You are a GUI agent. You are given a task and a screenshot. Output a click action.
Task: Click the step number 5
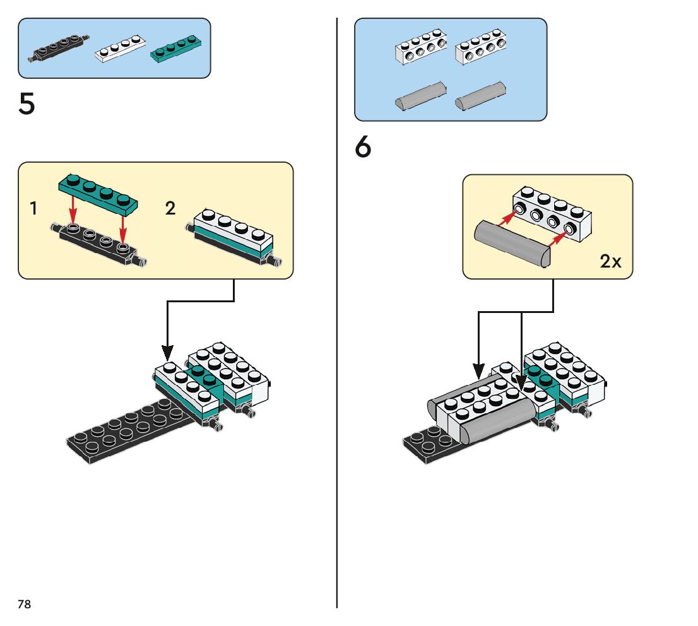click(x=27, y=105)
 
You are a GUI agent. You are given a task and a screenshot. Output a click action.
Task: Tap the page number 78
click(x=24, y=605)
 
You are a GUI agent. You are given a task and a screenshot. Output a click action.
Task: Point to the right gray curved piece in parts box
click(x=482, y=95)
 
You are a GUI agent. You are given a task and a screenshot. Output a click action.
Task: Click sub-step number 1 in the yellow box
click(x=33, y=208)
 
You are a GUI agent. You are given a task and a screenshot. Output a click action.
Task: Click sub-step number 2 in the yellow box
click(x=170, y=208)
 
